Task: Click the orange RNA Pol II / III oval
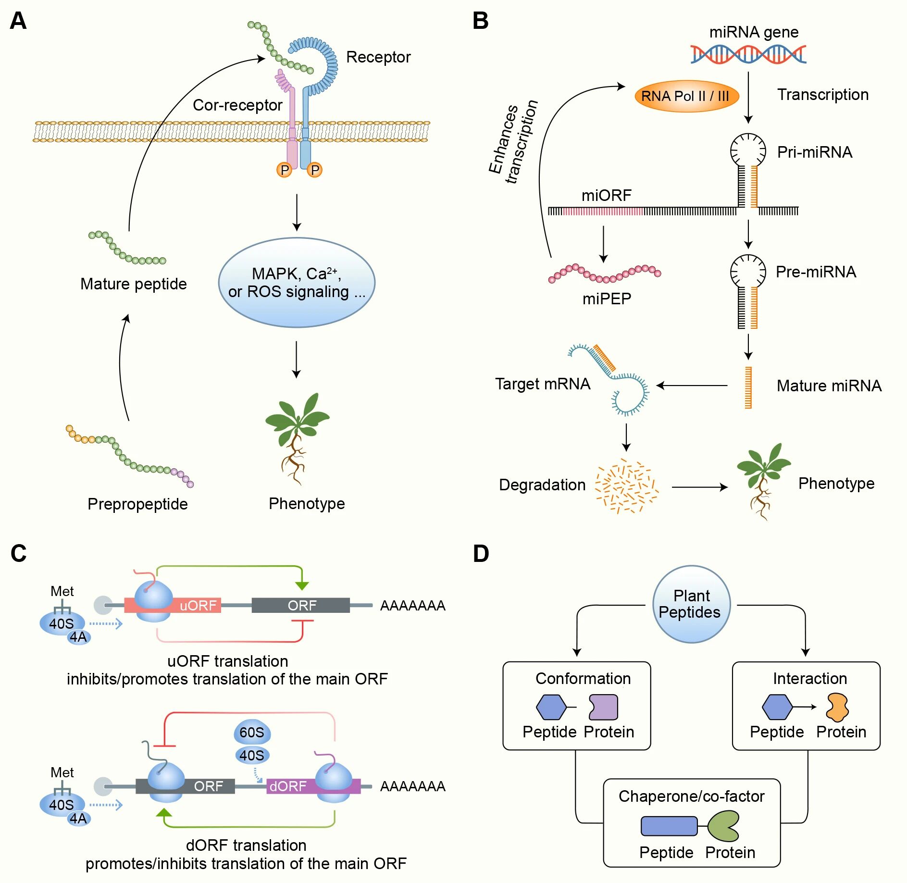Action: coord(686,96)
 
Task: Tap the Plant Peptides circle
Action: coord(691,604)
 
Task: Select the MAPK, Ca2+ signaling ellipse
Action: coord(297,283)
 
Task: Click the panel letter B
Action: coord(481,21)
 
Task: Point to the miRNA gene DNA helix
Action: coord(748,54)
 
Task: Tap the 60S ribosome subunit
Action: coord(252,733)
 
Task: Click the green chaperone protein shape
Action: coord(723,826)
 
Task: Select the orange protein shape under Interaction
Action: coord(837,707)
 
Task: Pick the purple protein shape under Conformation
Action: coord(603,707)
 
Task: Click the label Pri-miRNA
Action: coord(814,152)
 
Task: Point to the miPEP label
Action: coord(607,299)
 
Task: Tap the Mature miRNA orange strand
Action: coord(748,387)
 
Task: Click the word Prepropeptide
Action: coord(137,504)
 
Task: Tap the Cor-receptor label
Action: coord(237,105)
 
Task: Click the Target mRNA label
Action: coord(542,384)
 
